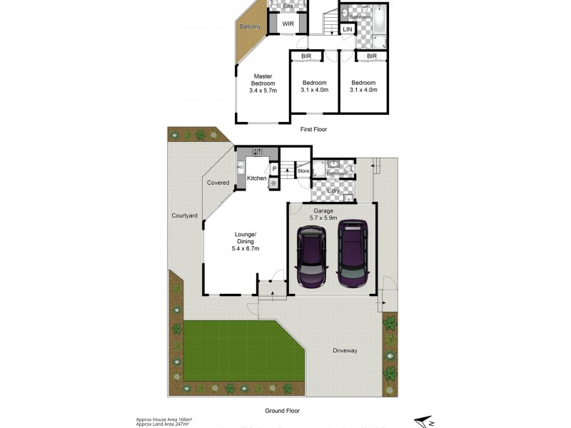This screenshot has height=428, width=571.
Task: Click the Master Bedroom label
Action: tap(263, 83)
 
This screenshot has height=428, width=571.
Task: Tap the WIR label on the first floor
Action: tap(288, 24)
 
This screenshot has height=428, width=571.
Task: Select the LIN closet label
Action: tap(347, 29)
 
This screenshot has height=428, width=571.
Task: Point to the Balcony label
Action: tap(250, 27)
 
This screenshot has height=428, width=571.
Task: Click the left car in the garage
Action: tap(311, 256)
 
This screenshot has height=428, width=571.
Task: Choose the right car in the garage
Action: tap(353, 253)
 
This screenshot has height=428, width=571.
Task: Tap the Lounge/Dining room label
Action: tap(246, 241)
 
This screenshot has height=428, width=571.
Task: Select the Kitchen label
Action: tap(257, 178)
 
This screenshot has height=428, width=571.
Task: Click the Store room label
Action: tap(303, 171)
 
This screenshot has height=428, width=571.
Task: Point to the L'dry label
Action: tap(333, 191)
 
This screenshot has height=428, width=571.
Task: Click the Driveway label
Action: tap(345, 350)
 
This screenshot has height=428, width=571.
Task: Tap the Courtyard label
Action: tap(184, 215)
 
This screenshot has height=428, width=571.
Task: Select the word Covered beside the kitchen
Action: tap(218, 183)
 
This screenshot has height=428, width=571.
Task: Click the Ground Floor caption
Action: tap(282, 410)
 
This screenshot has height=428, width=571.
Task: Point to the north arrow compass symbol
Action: tap(425, 422)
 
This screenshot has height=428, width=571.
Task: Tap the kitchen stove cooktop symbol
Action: tap(257, 151)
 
